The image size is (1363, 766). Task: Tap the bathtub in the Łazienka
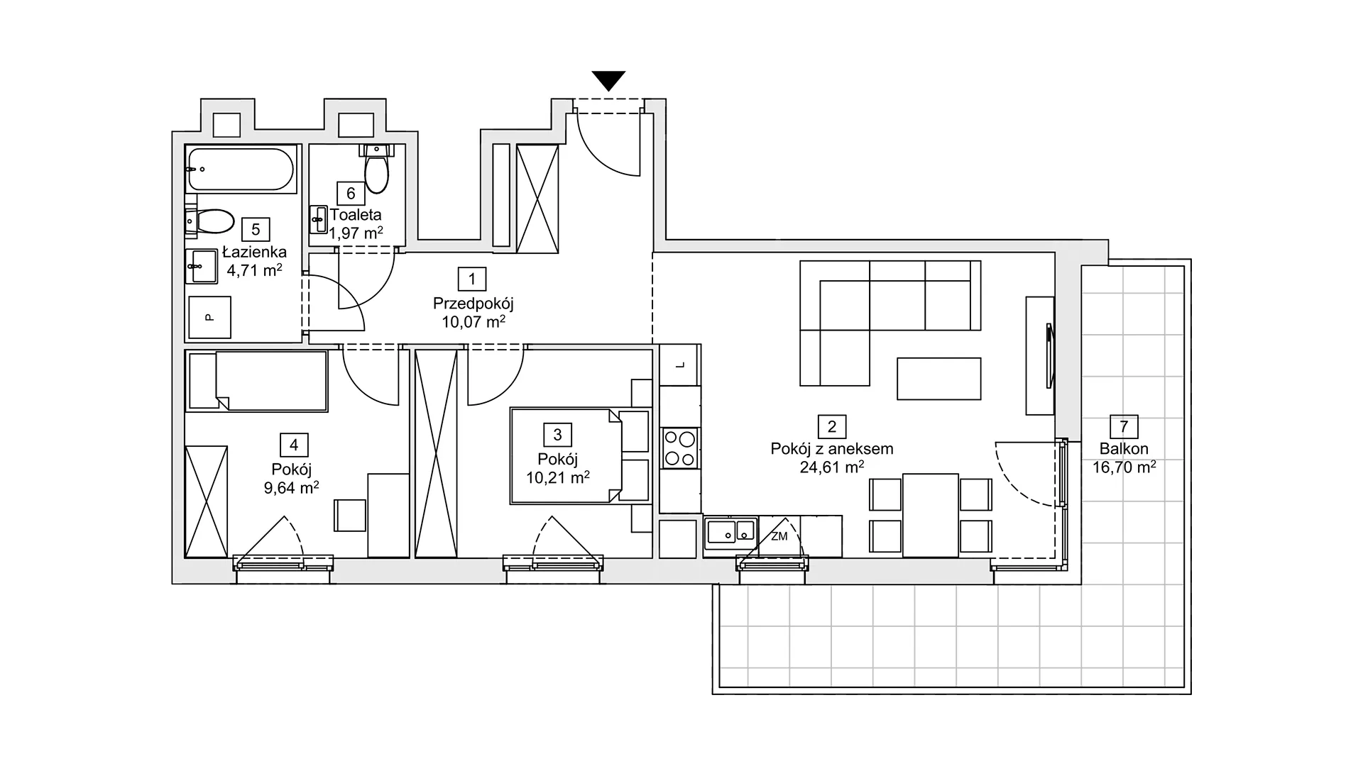click(x=241, y=168)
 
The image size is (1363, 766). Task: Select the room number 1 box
click(x=472, y=279)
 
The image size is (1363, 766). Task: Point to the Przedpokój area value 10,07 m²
click(x=474, y=322)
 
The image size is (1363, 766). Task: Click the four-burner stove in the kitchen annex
click(x=679, y=448)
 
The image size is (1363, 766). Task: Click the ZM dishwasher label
click(x=779, y=537)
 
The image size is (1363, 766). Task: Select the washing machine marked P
click(x=209, y=317)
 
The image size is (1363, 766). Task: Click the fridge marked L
click(x=679, y=365)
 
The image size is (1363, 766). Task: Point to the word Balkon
click(x=1124, y=449)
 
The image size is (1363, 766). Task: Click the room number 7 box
click(x=1124, y=427)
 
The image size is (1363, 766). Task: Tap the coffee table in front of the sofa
click(x=938, y=379)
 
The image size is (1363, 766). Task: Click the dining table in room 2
click(x=930, y=516)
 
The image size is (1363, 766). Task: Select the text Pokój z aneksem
click(x=832, y=449)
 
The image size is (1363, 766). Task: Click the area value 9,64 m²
click(x=291, y=487)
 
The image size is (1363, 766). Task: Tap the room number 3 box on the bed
click(x=557, y=435)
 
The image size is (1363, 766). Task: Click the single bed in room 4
click(x=257, y=381)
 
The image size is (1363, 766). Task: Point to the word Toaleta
click(x=356, y=215)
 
